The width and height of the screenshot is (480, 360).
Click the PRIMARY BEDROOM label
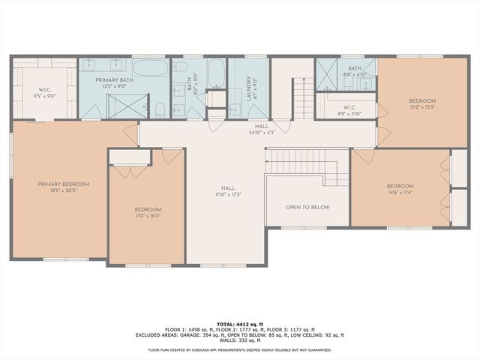click(x=64, y=184)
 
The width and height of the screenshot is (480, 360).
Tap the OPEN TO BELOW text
click(x=307, y=207)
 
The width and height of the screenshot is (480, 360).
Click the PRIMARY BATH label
click(x=114, y=79)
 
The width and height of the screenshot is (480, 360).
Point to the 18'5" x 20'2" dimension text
click(x=64, y=191)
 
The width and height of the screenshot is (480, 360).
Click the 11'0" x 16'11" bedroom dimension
click(x=147, y=215)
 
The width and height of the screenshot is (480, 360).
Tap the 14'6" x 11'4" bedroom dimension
click(x=400, y=192)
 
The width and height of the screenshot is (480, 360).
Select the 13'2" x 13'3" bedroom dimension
click(x=421, y=107)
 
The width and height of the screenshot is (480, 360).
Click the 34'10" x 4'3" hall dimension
click(x=261, y=133)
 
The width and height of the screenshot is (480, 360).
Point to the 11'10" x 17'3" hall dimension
click(x=228, y=194)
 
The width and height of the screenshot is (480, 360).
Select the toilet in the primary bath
click(x=160, y=112)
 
